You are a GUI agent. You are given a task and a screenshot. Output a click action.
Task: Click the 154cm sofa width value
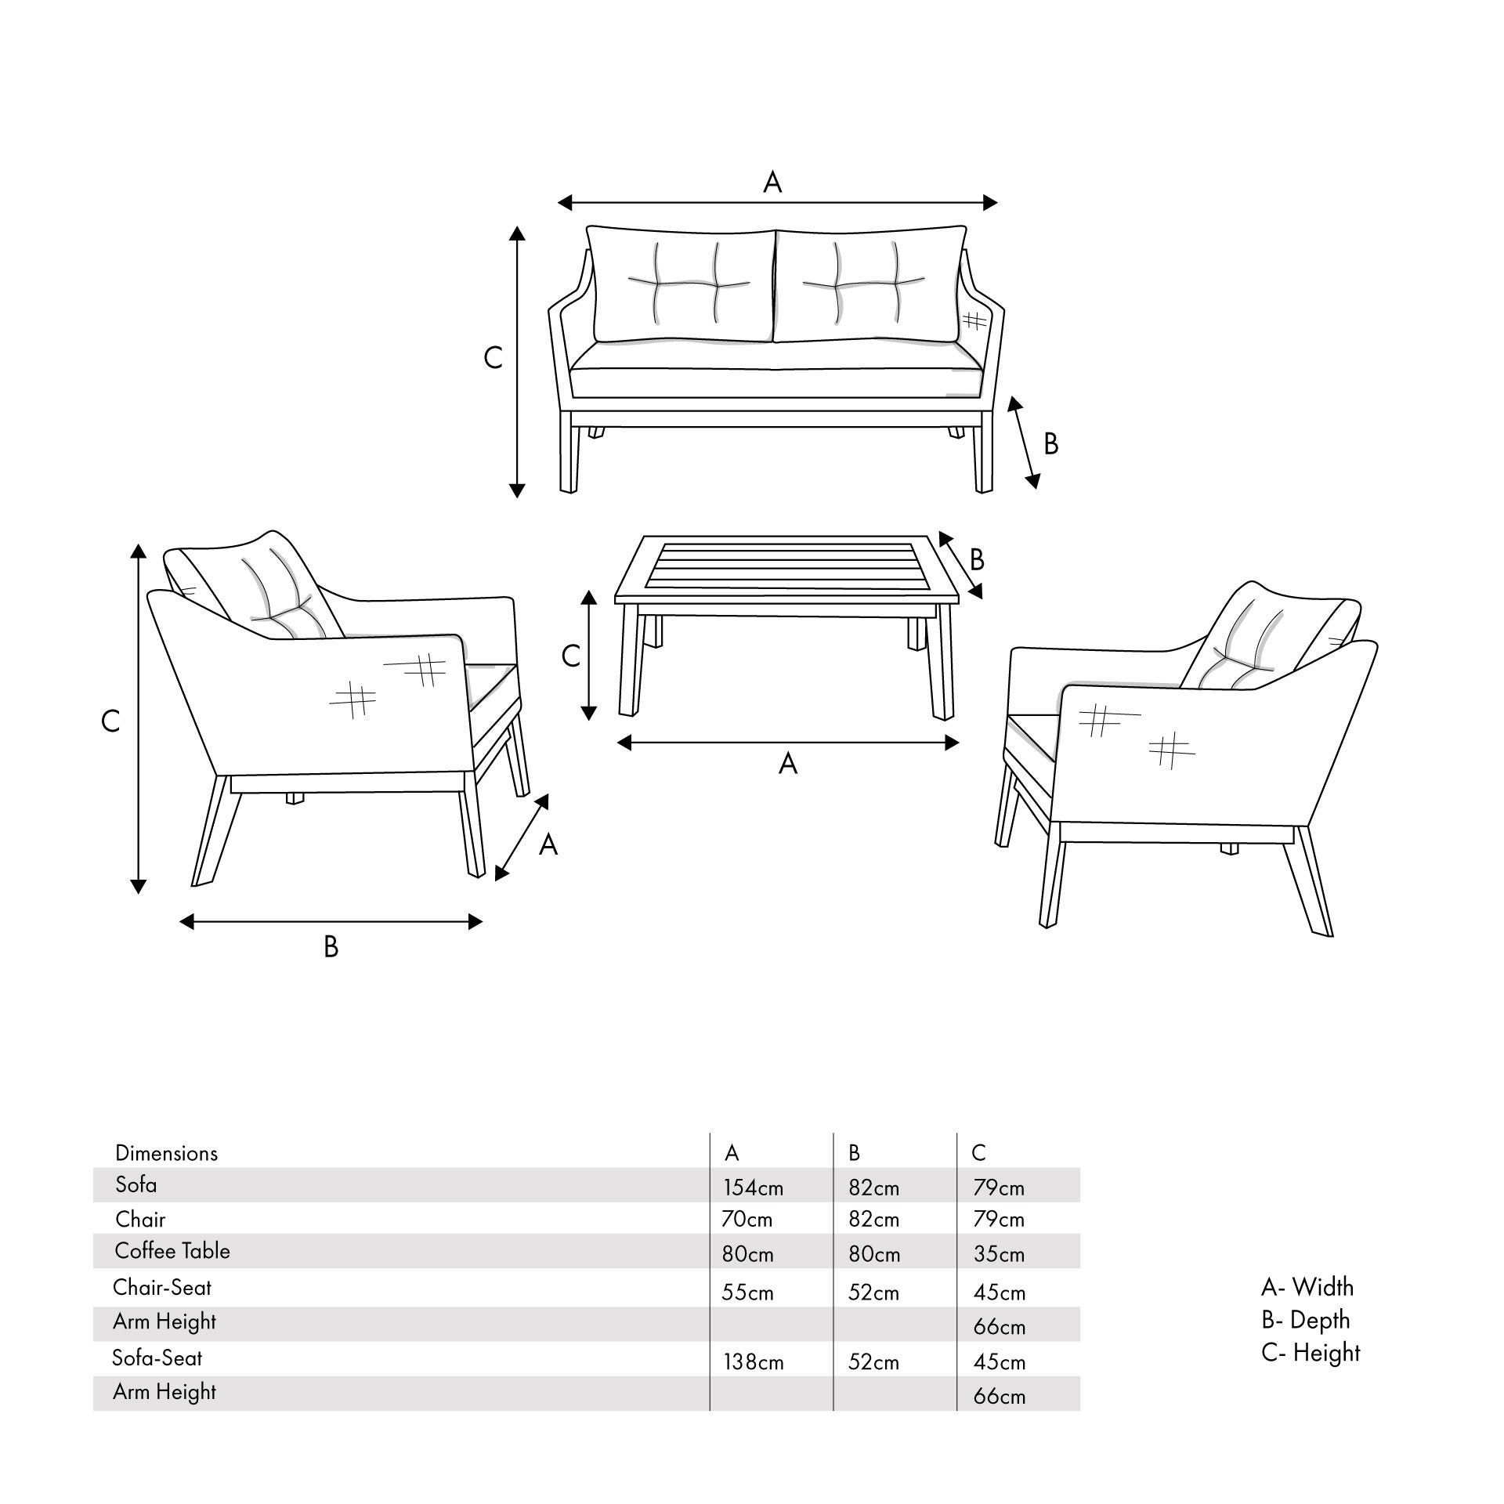coord(752,1188)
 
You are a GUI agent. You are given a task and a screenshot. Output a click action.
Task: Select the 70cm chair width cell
coord(747,1220)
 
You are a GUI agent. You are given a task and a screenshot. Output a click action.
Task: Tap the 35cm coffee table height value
coord(999,1254)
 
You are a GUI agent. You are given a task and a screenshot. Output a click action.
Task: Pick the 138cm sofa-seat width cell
coord(752,1362)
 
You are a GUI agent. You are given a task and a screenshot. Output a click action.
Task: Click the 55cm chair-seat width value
coord(747,1292)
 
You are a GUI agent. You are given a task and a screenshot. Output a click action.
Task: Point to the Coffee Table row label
coord(172,1251)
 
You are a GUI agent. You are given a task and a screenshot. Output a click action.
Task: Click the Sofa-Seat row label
coord(157,1358)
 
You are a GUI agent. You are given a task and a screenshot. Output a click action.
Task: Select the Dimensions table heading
coord(166,1153)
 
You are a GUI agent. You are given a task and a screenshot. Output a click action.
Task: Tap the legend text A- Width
coord(1307,1287)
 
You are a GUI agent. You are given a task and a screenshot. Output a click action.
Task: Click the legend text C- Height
coord(1311,1353)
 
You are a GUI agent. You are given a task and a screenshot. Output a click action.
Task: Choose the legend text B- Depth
coord(1305,1320)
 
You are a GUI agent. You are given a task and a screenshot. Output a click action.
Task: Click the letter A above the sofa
coord(772,183)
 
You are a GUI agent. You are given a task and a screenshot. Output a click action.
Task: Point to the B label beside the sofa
coord(1051,444)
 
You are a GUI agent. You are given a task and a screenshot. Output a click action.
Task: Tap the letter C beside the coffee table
coord(570,655)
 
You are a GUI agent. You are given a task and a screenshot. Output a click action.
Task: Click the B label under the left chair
coord(331,947)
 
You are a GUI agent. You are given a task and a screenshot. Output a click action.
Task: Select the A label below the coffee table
coord(787,764)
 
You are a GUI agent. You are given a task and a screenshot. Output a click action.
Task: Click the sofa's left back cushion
coord(680,286)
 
